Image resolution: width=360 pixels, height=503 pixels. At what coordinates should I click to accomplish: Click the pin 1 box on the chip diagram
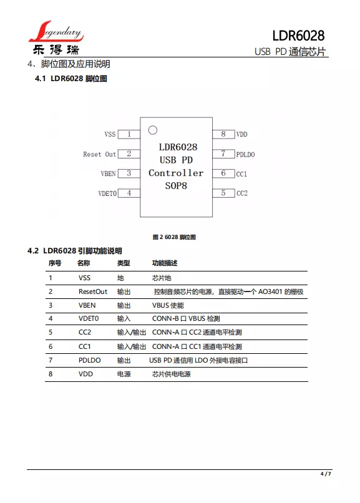point(129,134)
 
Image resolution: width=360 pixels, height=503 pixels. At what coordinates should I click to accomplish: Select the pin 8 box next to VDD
point(223,134)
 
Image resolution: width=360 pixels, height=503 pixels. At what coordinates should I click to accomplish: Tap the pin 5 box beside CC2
point(223,193)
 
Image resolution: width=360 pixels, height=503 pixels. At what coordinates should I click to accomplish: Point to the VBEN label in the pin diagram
point(109,173)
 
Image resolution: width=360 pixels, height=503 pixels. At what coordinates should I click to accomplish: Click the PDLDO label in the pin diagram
point(246,155)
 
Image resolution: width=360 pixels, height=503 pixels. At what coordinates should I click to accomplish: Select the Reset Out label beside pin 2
point(100,154)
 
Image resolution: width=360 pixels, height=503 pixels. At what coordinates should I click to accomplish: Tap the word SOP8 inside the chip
point(176,186)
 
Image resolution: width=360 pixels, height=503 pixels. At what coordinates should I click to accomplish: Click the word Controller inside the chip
point(176,173)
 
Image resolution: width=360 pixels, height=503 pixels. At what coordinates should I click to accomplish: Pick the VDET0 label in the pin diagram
point(107,193)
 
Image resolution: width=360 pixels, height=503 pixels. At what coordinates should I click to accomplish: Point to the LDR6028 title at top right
point(298,36)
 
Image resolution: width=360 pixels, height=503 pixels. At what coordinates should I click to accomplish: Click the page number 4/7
point(326,474)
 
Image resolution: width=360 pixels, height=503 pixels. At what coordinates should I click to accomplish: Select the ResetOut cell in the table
point(93,291)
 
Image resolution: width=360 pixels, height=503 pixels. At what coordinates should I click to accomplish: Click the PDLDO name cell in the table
point(89,360)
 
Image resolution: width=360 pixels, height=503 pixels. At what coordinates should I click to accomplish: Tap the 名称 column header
point(84,263)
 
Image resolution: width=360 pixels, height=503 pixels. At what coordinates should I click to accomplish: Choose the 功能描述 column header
point(165,263)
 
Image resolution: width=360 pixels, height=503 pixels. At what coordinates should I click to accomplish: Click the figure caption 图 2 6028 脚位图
point(174,237)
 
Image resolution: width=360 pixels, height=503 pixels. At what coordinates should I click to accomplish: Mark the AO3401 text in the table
point(270,291)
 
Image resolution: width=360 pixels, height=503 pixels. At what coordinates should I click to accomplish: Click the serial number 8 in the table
point(51,374)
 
